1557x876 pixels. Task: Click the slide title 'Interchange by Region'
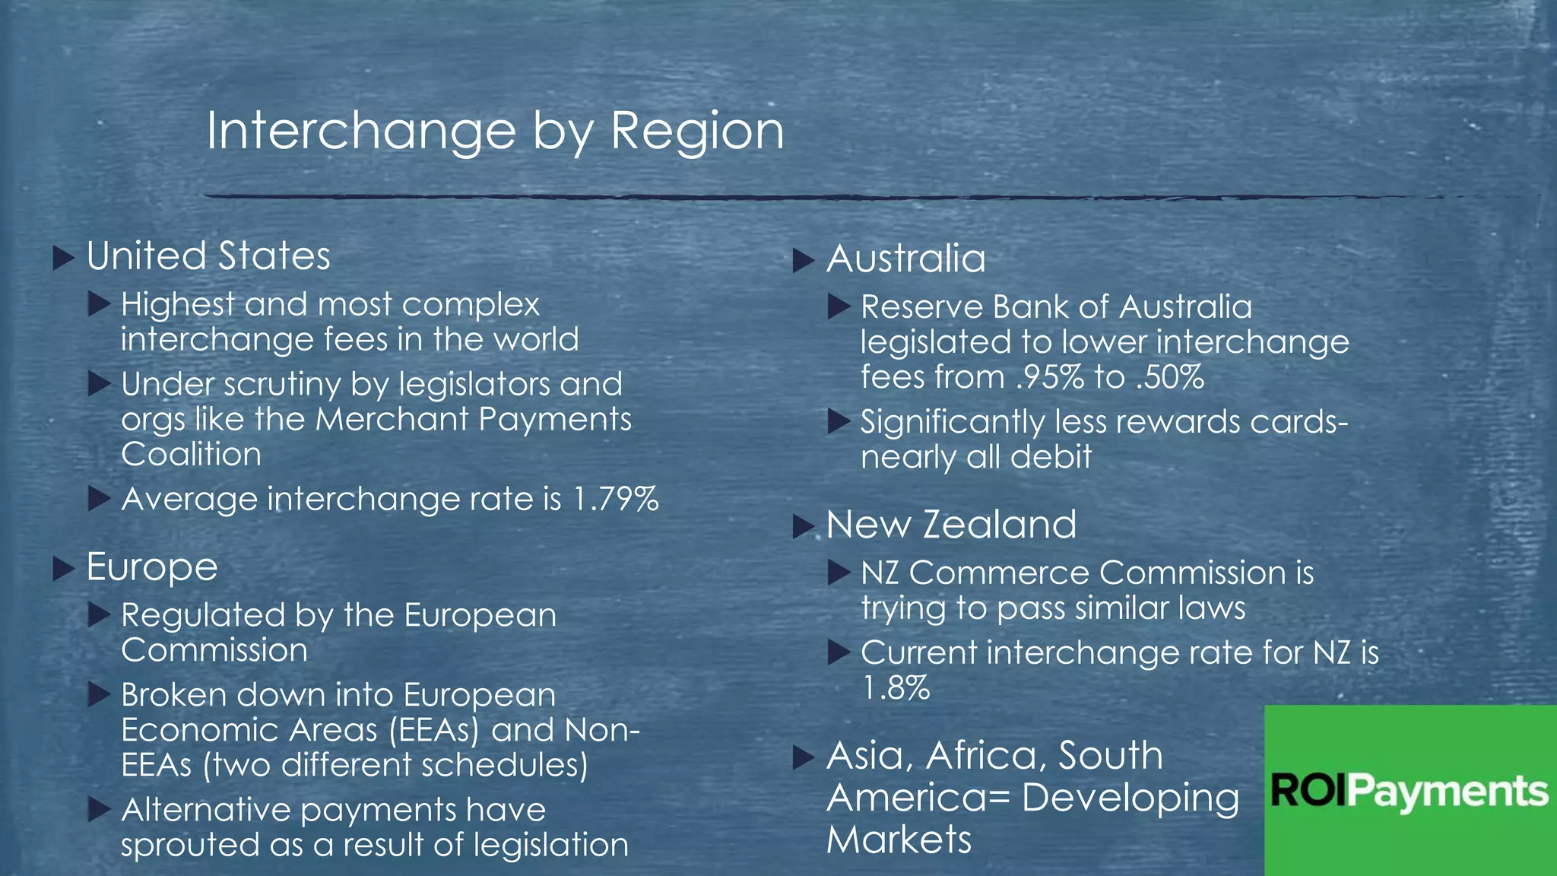click(495, 131)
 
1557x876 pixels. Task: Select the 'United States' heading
click(208, 256)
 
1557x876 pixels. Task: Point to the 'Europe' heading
click(152, 567)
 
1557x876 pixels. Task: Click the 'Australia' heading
click(905, 259)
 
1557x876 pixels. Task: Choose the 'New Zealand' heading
click(951, 525)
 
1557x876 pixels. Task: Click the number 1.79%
click(616, 500)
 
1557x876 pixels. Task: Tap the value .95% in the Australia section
click(1050, 377)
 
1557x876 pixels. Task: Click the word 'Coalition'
click(191, 455)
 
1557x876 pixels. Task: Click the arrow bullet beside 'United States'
click(64, 258)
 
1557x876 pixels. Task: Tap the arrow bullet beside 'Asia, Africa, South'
click(804, 757)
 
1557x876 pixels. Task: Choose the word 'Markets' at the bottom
click(899, 840)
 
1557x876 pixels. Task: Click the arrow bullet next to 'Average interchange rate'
click(99, 500)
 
